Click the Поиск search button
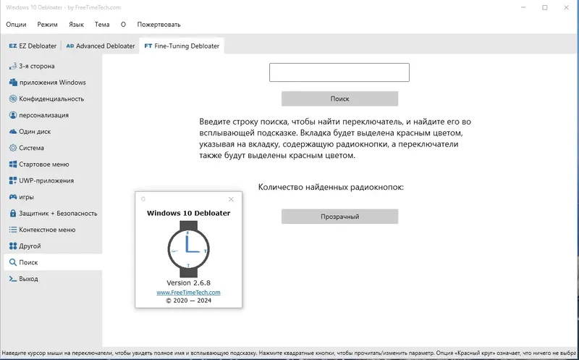pyautogui.click(x=339, y=99)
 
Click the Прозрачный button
pyautogui.click(x=339, y=217)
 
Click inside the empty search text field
pyautogui.click(x=339, y=72)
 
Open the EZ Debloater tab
pyautogui.click(x=33, y=46)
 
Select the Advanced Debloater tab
pyautogui.click(x=101, y=46)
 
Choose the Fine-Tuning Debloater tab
pyautogui.click(x=182, y=46)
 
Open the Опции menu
pyautogui.click(x=16, y=24)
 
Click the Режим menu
pyautogui.click(x=47, y=24)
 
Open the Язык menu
pyautogui.click(x=76, y=24)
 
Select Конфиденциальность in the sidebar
pyautogui.click(x=51, y=99)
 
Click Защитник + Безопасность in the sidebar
pyautogui.click(x=58, y=214)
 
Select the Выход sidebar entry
pyautogui.click(x=29, y=279)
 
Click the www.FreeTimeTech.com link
pyautogui.click(x=188, y=292)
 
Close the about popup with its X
pyautogui.click(x=232, y=199)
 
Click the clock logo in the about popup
pyautogui.click(x=188, y=246)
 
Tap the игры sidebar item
pyautogui.click(x=27, y=197)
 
